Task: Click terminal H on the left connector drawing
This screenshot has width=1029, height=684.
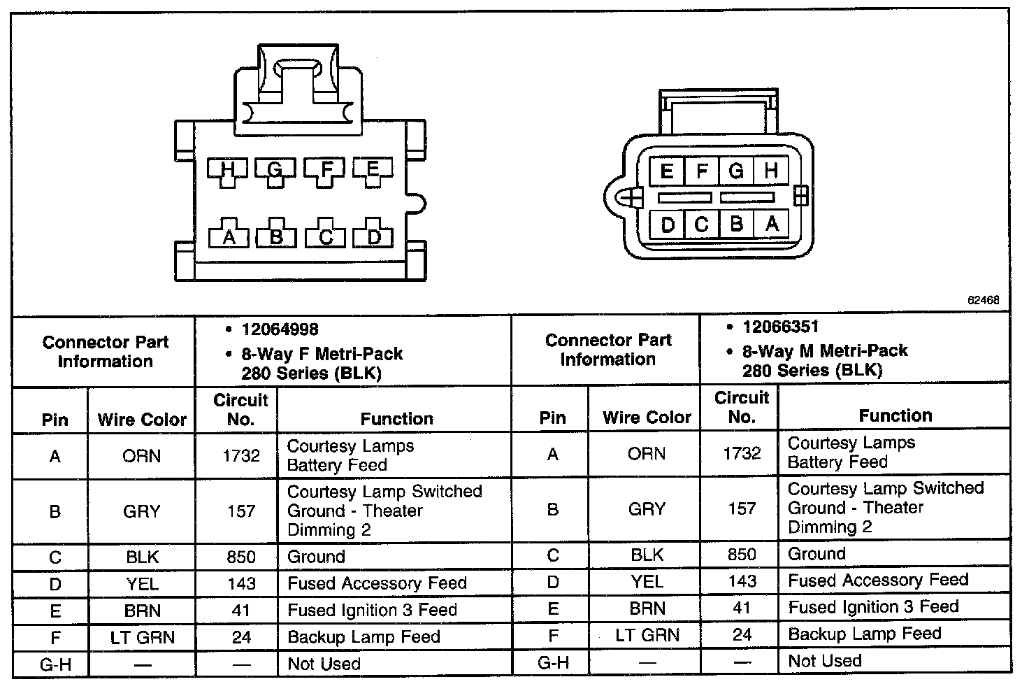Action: click(226, 169)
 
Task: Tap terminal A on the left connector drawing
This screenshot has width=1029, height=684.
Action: click(228, 236)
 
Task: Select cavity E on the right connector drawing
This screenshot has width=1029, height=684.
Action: click(667, 171)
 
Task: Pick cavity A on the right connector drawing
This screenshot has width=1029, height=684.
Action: click(772, 224)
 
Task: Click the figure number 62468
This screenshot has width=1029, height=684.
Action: click(984, 300)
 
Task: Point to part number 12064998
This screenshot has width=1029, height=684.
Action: click(280, 329)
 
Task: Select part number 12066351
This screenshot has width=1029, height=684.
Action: click(781, 327)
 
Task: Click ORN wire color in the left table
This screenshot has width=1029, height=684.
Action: click(141, 456)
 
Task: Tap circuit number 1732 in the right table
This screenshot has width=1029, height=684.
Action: click(742, 453)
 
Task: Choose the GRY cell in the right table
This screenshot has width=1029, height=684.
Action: click(647, 508)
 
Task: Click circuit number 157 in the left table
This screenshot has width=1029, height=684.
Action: click(241, 511)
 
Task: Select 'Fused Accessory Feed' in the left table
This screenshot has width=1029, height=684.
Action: click(377, 583)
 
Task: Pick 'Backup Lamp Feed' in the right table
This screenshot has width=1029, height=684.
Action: click(865, 634)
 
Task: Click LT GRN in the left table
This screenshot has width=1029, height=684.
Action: click(143, 637)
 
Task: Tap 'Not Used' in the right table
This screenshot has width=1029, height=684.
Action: click(825, 660)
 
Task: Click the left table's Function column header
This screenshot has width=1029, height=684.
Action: click(396, 418)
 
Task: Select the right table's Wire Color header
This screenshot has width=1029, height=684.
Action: click(647, 418)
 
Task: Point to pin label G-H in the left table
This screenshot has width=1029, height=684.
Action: click(55, 664)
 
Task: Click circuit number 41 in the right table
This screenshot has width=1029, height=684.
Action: click(742, 607)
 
